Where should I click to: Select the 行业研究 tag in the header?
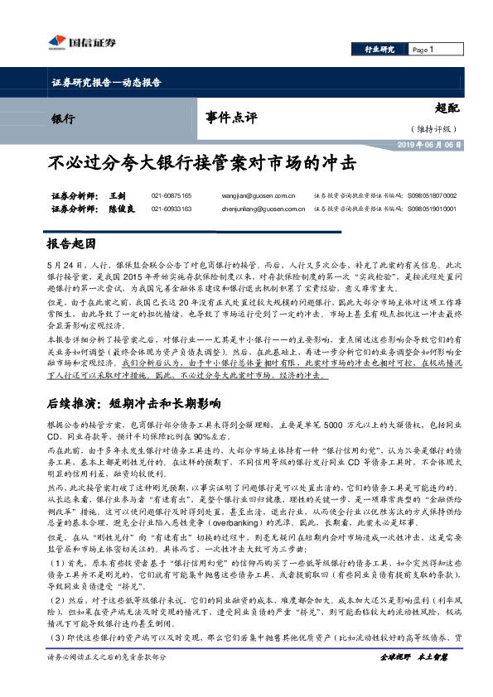(379, 50)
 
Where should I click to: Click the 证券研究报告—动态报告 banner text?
(100, 84)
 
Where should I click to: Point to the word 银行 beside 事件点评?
(63, 118)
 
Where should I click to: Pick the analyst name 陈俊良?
(121, 209)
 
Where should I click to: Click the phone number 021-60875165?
(172, 195)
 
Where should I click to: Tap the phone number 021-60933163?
(172, 209)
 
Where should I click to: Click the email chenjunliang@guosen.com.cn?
(263, 209)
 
